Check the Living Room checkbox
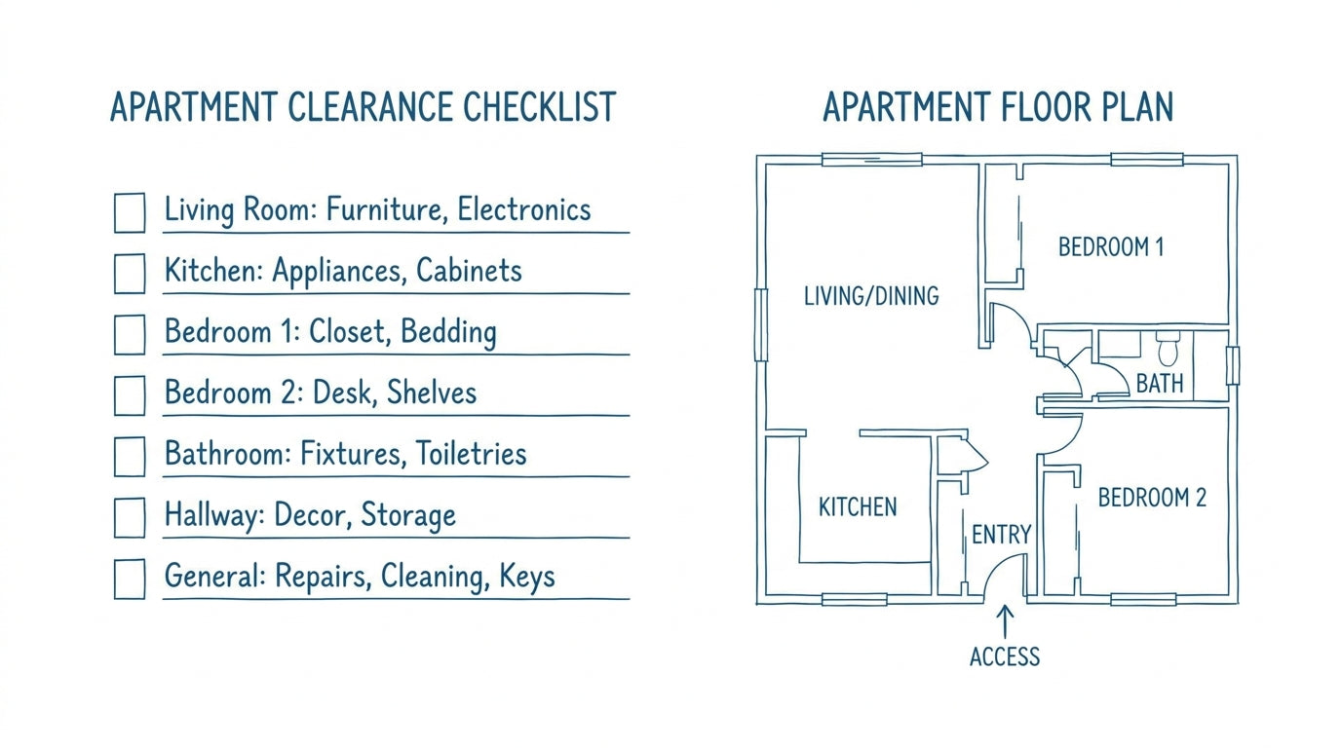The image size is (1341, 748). click(x=130, y=212)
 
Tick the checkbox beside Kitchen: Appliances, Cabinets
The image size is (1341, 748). click(x=130, y=274)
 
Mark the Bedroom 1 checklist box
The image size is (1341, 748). click(x=130, y=334)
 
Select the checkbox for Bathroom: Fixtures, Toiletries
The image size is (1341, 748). click(x=130, y=457)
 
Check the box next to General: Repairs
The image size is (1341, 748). click(x=130, y=579)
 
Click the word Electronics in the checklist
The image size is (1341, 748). click(x=524, y=209)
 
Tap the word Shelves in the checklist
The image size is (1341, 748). click(x=432, y=393)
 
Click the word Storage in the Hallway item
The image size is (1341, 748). click(x=408, y=515)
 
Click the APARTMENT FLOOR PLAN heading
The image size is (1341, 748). click(x=998, y=107)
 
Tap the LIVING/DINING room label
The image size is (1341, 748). click(x=871, y=296)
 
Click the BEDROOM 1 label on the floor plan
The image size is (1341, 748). click(x=1111, y=247)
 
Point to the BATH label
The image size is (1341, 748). click(x=1160, y=384)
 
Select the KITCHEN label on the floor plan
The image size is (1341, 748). click(x=858, y=506)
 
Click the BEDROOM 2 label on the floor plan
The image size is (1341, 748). click(x=1152, y=498)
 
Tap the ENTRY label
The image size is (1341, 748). click(x=1001, y=535)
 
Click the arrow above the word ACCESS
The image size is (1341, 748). click(x=1005, y=622)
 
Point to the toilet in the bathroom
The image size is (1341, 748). click(x=1168, y=349)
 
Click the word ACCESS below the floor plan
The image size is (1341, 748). click(x=1005, y=656)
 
